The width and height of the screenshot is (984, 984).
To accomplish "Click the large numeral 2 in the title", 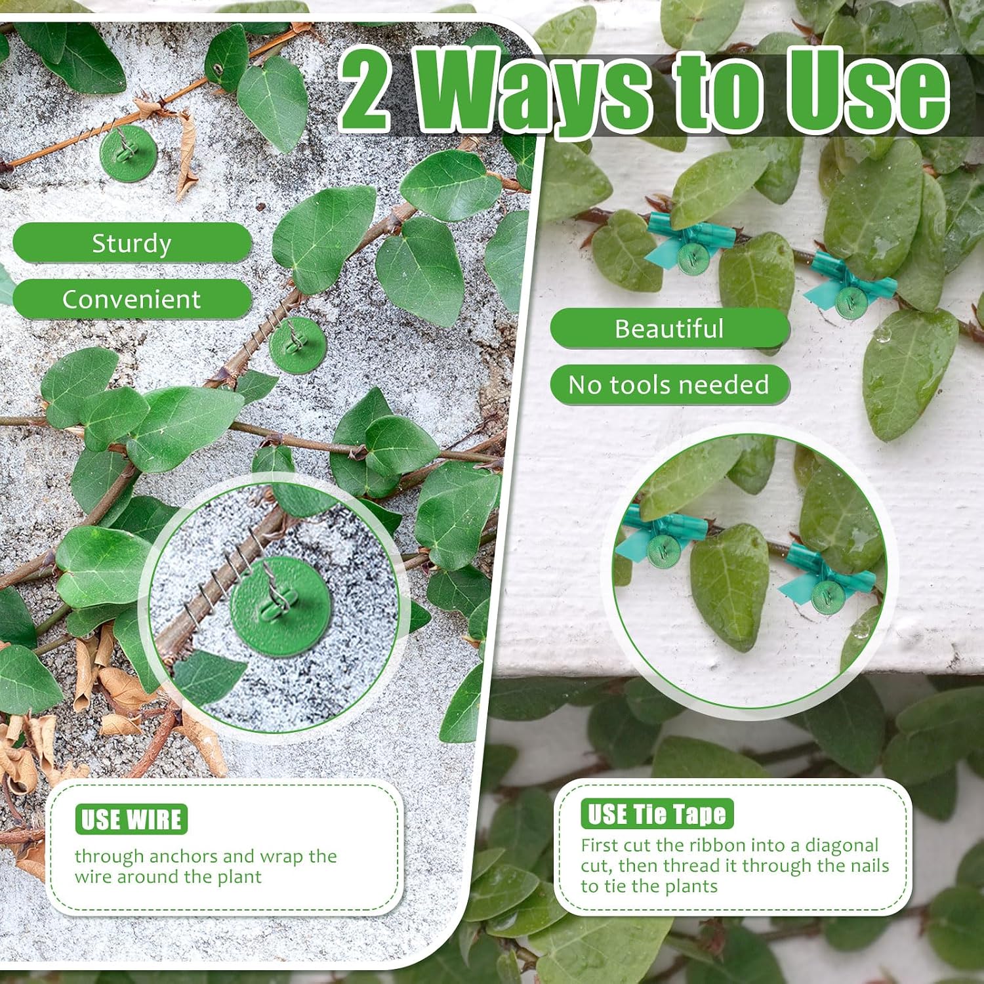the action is click(365, 89).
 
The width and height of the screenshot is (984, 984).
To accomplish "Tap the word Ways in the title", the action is click(534, 92).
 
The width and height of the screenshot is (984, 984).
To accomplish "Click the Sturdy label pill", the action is click(132, 243).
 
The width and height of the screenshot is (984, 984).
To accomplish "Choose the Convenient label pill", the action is click(132, 299).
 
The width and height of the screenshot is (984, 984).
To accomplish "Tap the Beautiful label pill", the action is click(669, 328).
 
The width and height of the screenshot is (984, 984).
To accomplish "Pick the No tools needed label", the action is click(669, 384).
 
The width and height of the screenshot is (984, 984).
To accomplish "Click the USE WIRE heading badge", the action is click(131, 819).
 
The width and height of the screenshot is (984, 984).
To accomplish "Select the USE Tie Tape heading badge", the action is click(657, 814).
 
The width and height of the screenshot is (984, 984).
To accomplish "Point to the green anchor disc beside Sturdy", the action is click(128, 154).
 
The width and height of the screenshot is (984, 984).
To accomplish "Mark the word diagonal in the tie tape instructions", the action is click(842, 846).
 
